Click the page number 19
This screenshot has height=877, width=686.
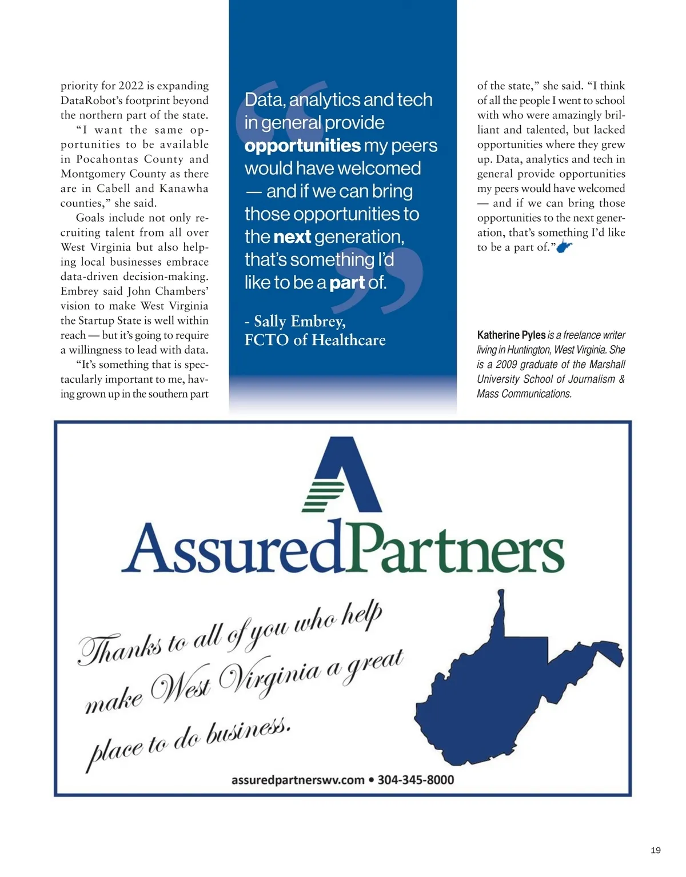coord(655,850)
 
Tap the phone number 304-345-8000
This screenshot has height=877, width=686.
coord(416,780)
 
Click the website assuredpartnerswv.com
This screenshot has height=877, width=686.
coord(298,780)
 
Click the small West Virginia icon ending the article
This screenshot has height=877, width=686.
coord(564,247)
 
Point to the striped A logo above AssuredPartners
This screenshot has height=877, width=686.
coord(342,475)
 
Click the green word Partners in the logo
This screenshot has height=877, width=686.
coord(454,549)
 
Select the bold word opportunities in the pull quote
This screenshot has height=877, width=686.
coord(302,146)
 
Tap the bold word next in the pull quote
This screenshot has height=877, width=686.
coord(292,237)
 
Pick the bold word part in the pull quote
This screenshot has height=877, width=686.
coord(346,282)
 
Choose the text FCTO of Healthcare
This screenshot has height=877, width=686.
coord(315,340)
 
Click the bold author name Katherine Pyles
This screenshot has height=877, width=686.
coord(511,335)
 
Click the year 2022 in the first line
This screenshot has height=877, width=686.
coord(131,86)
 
